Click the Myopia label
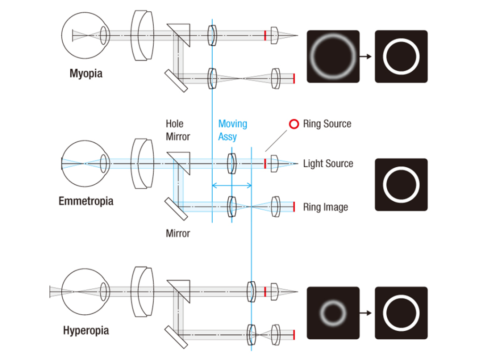coord(85,74)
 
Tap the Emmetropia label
coord(86,201)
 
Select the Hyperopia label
coord(86,330)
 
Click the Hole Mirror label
coord(177,130)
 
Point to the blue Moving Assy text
coord(232,130)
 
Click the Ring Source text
coord(327,124)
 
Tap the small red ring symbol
coord(294,124)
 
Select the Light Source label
coord(328,164)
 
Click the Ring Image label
coord(325,207)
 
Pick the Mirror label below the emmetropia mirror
coord(177,233)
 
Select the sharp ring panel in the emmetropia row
coord(401,185)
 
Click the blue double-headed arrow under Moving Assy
coord(232,186)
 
